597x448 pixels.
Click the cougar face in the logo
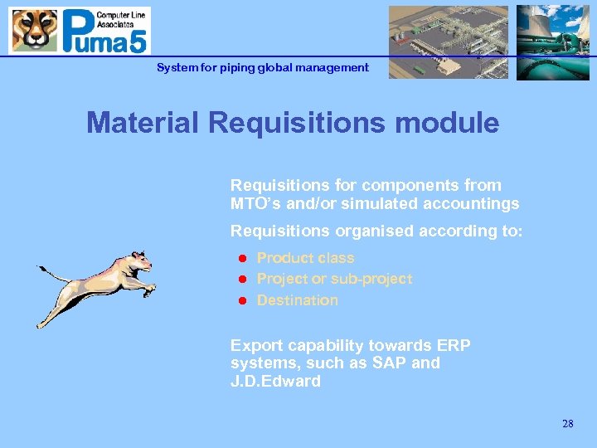[x=34, y=30]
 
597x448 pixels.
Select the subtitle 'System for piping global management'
[x=263, y=67]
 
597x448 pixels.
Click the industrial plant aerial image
[x=449, y=42]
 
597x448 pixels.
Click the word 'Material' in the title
[x=143, y=123]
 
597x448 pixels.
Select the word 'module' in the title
[x=453, y=123]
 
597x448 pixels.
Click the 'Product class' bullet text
[x=305, y=258]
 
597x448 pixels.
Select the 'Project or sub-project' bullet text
[x=334, y=279]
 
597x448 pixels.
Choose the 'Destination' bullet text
[x=297, y=300]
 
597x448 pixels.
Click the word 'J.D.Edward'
[x=275, y=382]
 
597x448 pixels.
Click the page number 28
[x=567, y=424]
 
